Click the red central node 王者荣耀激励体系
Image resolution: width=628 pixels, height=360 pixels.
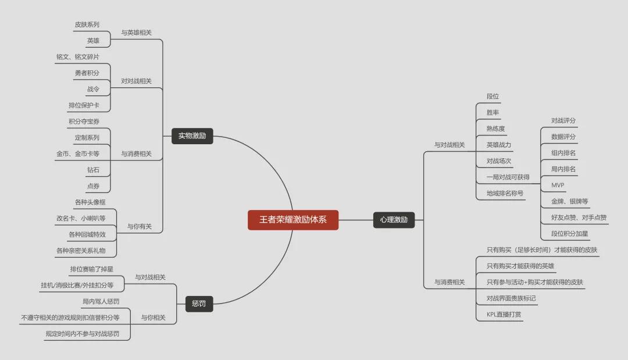tap(293, 220)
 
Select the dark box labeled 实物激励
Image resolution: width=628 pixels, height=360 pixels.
tap(192, 136)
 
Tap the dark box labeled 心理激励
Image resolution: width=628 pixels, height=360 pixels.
tap(394, 220)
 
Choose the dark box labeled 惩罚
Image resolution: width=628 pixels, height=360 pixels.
tap(199, 304)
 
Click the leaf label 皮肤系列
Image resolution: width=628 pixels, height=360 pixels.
tap(87, 25)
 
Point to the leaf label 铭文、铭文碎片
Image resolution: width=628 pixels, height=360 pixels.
tap(77, 57)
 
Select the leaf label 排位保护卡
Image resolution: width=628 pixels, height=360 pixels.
tap(84, 105)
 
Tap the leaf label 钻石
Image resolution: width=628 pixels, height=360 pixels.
tap(93, 170)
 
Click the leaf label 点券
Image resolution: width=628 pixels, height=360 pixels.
tap(93, 186)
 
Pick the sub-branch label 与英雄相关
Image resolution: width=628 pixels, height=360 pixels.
tap(136, 33)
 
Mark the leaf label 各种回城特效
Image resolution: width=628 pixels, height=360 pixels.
tap(87, 234)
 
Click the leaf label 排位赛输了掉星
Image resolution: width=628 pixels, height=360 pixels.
tap(91, 269)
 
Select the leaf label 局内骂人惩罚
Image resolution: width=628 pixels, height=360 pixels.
tap(101, 301)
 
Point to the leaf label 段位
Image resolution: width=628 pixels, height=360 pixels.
tap(493, 97)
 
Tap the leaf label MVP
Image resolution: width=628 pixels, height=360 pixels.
tap(557, 186)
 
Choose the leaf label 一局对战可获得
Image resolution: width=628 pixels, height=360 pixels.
tap(508, 177)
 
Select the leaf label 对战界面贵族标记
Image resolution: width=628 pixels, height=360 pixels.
tap(511, 298)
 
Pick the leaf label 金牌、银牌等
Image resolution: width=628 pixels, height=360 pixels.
tap(569, 202)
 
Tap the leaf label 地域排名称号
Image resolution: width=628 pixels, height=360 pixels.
tap(505, 193)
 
